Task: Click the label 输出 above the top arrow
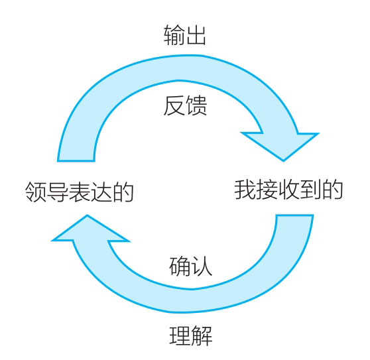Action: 185,35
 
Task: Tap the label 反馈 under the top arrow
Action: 185,105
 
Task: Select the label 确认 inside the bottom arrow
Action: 191,266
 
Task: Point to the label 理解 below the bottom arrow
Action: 191,335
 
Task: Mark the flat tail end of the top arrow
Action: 76,161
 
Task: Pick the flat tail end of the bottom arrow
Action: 294,215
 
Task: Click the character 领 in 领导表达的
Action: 35,192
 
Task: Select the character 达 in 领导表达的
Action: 101,192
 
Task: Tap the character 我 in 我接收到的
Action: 245,190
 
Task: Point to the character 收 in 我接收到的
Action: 288,190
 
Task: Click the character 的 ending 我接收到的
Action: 333,190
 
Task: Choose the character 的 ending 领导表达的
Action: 123,192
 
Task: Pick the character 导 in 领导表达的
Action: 57,192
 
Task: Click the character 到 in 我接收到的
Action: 310,190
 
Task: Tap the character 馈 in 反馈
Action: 196,105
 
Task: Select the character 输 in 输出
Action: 174,35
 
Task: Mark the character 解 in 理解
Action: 202,335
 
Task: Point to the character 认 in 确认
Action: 202,266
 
